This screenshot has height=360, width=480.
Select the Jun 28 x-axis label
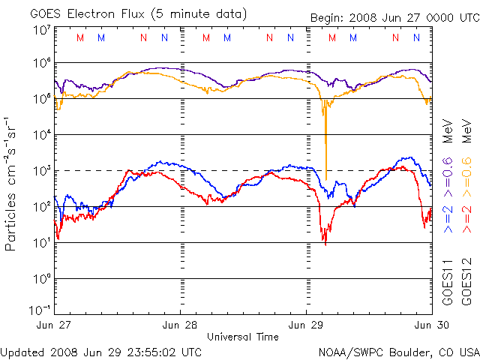click(x=180, y=325)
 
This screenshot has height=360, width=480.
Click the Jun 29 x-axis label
click(x=307, y=325)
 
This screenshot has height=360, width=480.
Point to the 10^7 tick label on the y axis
click(x=41, y=30)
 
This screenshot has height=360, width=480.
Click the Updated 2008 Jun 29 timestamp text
click(x=101, y=351)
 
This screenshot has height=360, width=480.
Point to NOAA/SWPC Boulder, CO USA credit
click(x=399, y=351)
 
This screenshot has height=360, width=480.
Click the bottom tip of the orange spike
click(x=325, y=179)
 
